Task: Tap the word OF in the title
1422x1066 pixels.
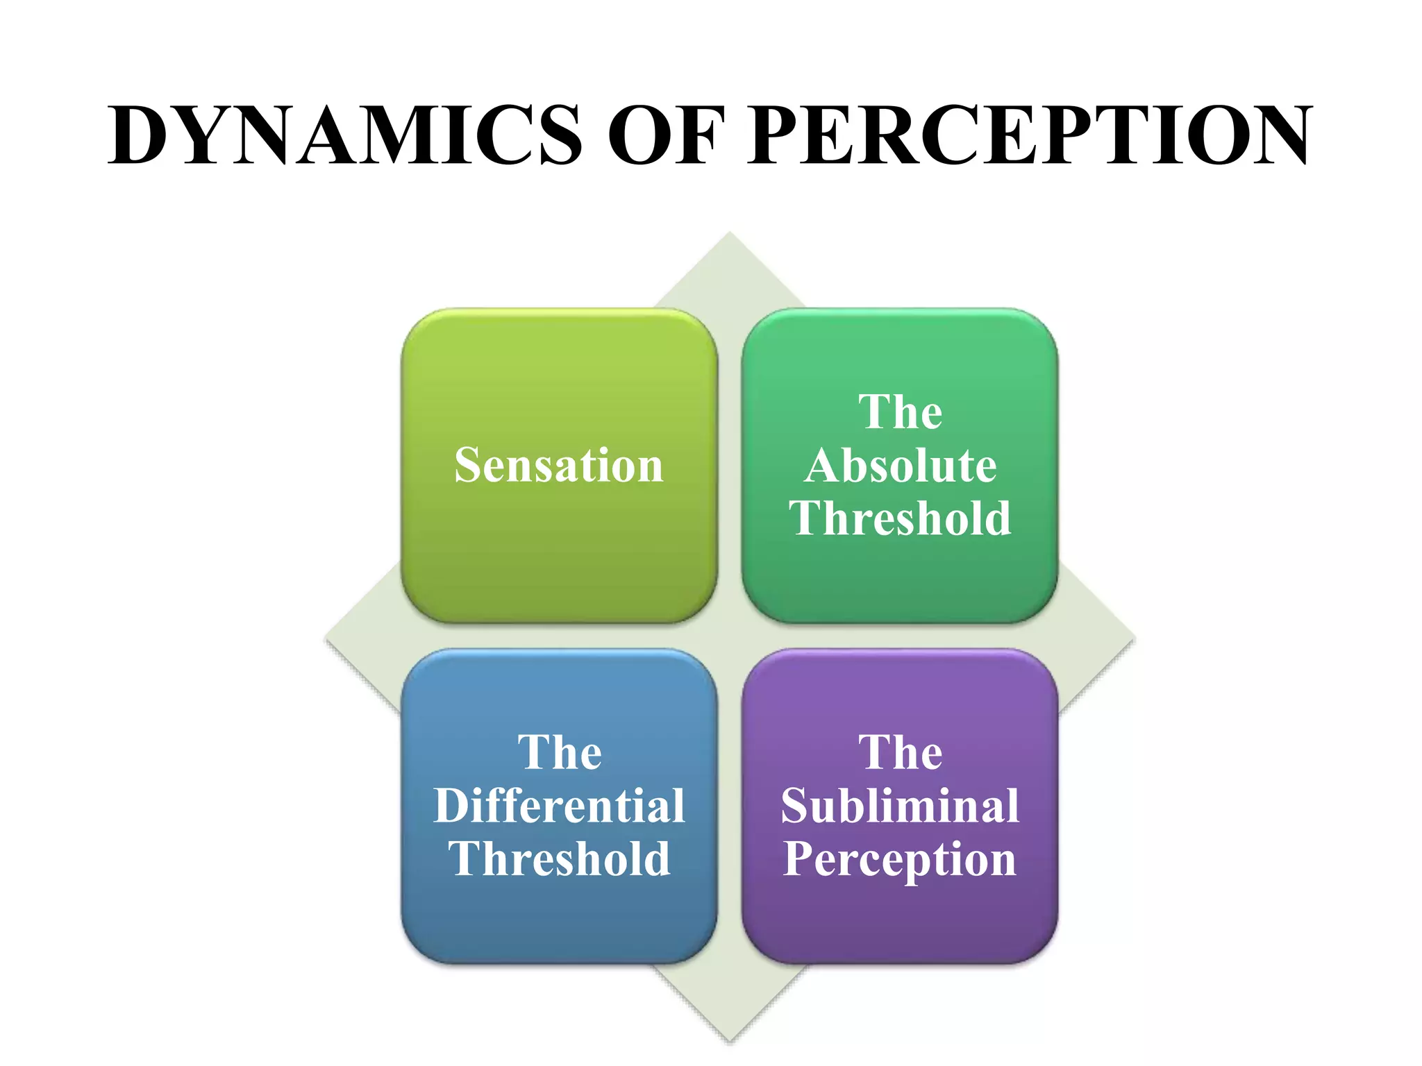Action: pos(666,135)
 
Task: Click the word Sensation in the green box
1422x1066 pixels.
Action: pos(559,465)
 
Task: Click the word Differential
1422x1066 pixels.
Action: pos(559,806)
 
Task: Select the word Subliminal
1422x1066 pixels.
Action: pos(901,806)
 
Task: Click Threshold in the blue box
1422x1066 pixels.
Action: pos(559,859)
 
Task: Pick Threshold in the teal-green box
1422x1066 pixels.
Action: pos(901,518)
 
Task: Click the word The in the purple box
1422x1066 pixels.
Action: pos(901,752)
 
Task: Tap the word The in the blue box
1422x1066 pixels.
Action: pos(559,752)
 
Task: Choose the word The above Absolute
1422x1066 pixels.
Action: pos(901,412)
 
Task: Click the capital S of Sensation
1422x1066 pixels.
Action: pos(469,465)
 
